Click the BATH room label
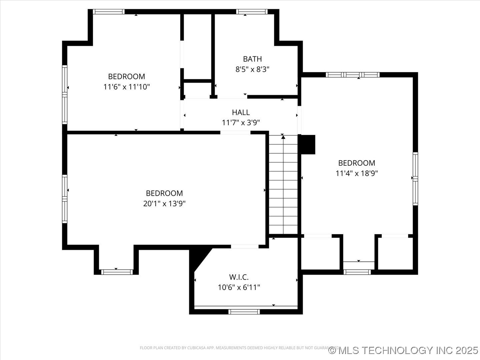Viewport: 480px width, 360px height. coord(252,59)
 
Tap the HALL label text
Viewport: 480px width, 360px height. coord(241,112)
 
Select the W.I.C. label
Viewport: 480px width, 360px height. coord(239,277)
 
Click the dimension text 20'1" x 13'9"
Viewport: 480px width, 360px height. coord(164,204)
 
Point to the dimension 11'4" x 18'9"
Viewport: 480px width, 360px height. coord(357,173)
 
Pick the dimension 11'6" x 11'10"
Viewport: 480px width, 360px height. coord(127,87)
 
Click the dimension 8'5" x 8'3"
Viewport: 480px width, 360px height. coord(252,69)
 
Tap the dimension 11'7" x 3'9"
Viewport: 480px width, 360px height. coord(241,123)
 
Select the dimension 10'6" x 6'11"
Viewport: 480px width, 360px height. coord(239,287)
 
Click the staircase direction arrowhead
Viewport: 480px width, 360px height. coord(283,137)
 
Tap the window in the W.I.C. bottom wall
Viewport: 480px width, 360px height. coord(244,312)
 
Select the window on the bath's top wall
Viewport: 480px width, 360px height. coord(252,12)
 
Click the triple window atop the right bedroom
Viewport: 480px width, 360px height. coord(352,75)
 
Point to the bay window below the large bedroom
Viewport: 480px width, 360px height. coord(117,272)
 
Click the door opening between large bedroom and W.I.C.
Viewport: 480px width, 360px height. coord(245,246)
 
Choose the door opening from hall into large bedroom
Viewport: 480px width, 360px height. coord(235,132)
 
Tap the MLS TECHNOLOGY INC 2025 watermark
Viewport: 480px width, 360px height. coord(403,350)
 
